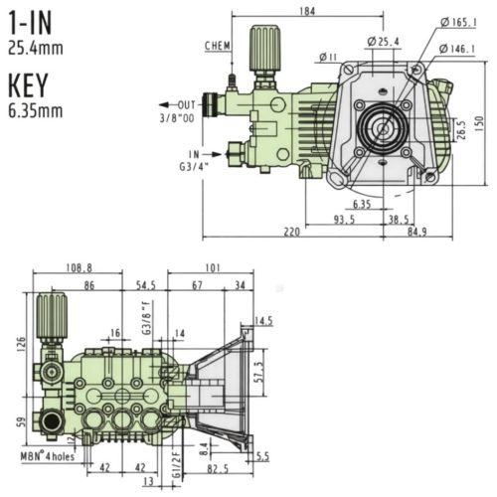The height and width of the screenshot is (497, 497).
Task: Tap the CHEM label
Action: click(219, 46)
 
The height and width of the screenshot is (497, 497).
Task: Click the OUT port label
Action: click(187, 104)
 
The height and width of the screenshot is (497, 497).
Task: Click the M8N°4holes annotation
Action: click(44, 456)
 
